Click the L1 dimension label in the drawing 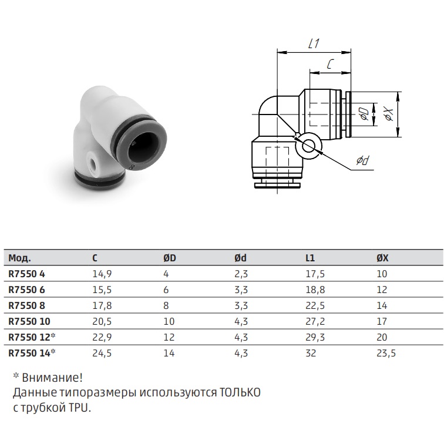tap(314, 43)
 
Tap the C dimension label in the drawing tap(330, 64)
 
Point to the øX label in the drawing tap(389, 114)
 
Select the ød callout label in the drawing tap(364, 160)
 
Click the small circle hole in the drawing tap(308, 146)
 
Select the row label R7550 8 tap(26, 305)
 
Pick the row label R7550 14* tap(32, 353)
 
